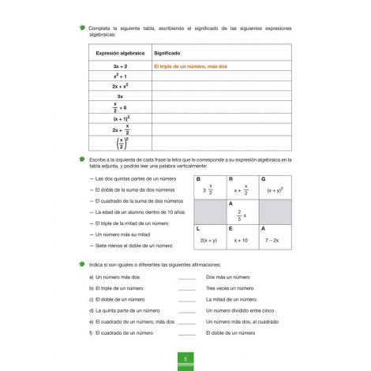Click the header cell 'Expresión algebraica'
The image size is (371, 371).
tap(120, 53)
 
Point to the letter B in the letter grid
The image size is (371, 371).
tap(198, 179)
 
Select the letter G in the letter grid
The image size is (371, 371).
tap(263, 179)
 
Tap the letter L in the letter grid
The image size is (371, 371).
tap(198, 228)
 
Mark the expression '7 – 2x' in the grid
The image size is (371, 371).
tap(273, 239)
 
